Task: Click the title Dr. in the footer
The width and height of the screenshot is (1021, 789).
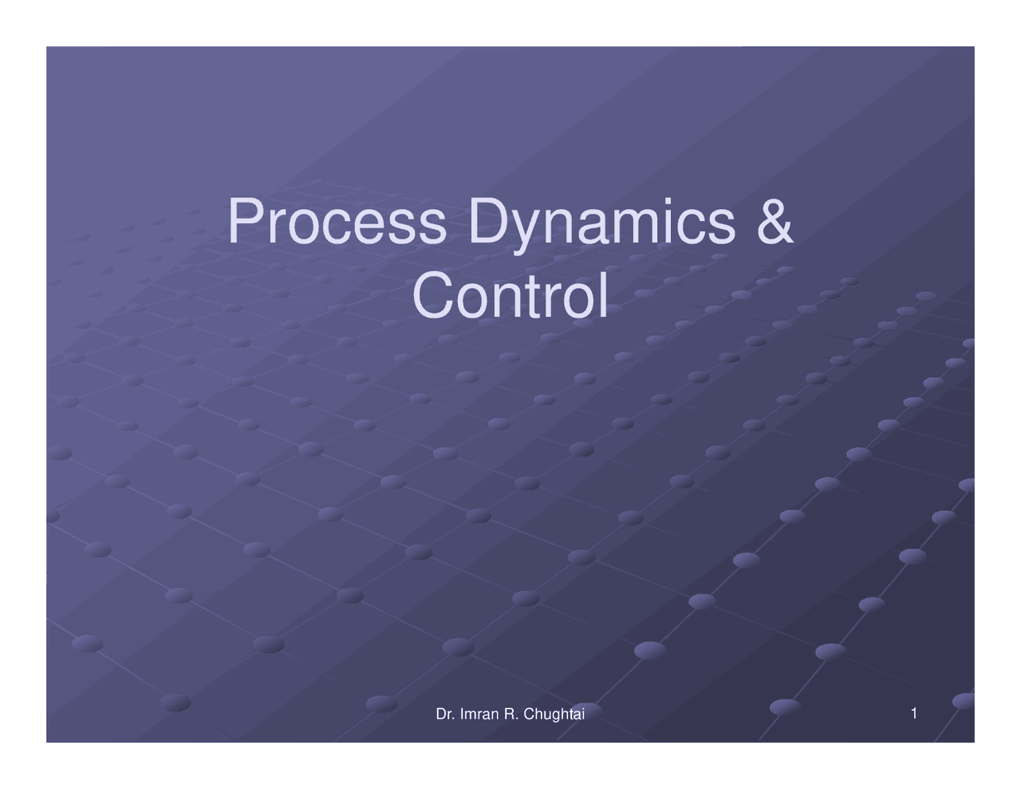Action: (x=444, y=714)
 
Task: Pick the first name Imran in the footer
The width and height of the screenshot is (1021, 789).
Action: (x=477, y=714)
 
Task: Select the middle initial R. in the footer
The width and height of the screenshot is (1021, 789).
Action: (x=510, y=714)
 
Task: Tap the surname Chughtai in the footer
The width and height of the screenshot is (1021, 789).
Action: (x=554, y=714)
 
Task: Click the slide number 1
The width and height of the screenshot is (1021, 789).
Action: (x=913, y=712)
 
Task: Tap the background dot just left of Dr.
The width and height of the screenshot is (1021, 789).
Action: (x=381, y=704)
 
